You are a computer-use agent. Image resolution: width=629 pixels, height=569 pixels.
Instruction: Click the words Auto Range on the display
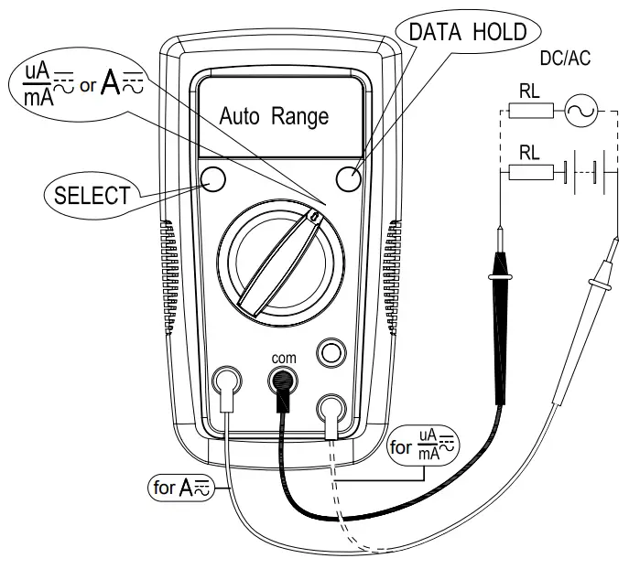tap(272, 117)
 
